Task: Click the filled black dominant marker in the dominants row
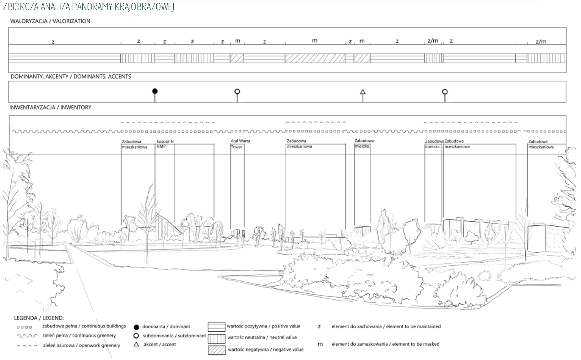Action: click(x=155, y=91)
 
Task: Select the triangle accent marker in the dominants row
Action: click(x=363, y=92)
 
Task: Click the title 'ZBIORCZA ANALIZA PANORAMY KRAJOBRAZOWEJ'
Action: click(x=88, y=7)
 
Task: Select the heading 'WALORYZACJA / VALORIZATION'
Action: click(x=50, y=21)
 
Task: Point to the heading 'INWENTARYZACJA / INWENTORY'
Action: click(x=51, y=107)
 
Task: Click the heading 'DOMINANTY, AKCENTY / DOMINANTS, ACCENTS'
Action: click(x=71, y=76)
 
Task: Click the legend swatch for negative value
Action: click(x=217, y=350)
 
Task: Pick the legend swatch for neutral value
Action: click(x=217, y=338)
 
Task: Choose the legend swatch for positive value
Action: click(x=217, y=327)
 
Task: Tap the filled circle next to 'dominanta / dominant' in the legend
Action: click(x=136, y=327)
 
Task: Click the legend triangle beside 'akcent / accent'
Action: click(x=136, y=344)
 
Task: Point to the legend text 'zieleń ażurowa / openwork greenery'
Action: click(x=82, y=345)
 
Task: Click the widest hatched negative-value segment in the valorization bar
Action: click(x=315, y=58)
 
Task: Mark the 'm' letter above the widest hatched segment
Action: click(x=315, y=41)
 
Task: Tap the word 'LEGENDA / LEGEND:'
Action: click(x=39, y=318)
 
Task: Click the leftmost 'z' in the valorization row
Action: click(x=53, y=42)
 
